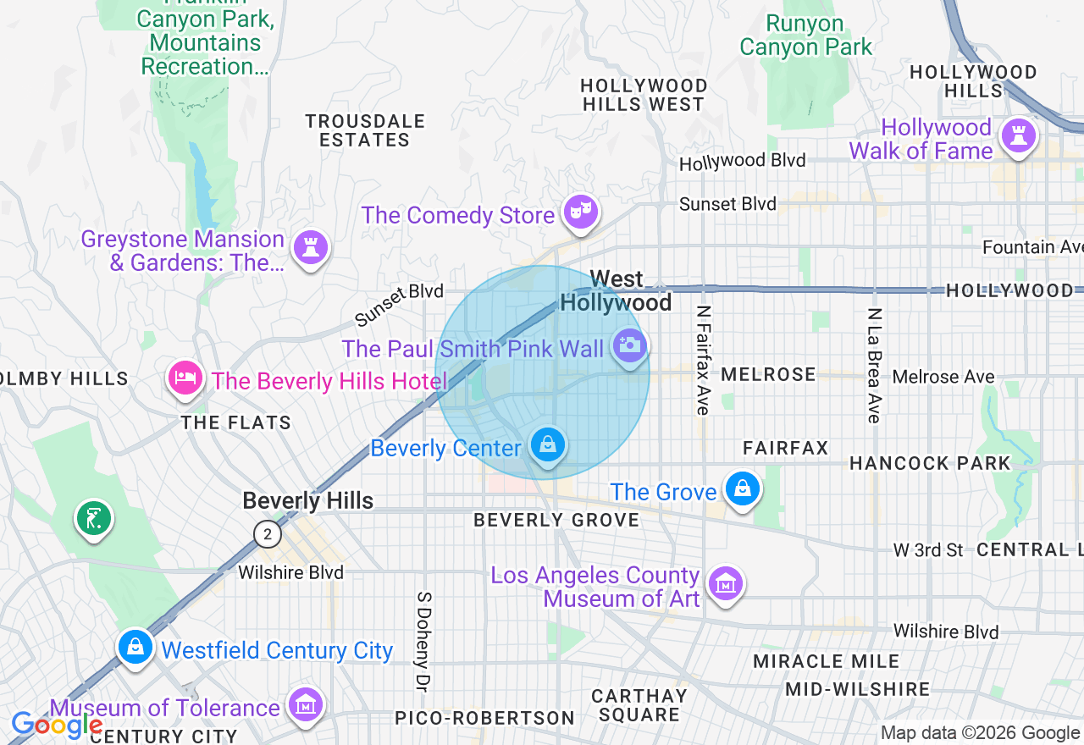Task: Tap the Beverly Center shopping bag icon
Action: pyautogui.click(x=548, y=444)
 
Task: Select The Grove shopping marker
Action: pyautogui.click(x=742, y=488)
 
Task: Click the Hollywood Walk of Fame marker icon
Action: pyautogui.click(x=1017, y=135)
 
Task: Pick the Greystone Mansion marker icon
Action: pyautogui.click(x=311, y=247)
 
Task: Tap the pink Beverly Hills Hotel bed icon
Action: pyautogui.click(x=185, y=378)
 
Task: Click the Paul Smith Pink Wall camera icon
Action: pyautogui.click(x=629, y=345)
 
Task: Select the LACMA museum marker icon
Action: pyautogui.click(x=725, y=583)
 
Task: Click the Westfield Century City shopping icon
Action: pyautogui.click(x=135, y=647)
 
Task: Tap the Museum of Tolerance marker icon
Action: pyautogui.click(x=305, y=704)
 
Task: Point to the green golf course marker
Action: pyautogui.click(x=94, y=517)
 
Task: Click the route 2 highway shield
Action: pyautogui.click(x=268, y=534)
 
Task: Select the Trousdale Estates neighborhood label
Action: pyautogui.click(x=365, y=130)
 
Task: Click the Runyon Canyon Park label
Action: pyautogui.click(x=805, y=36)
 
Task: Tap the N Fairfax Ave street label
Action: pyautogui.click(x=702, y=360)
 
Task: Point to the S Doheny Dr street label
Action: pyautogui.click(x=423, y=640)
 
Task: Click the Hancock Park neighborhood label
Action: pyautogui.click(x=930, y=463)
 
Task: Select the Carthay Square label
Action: pyautogui.click(x=639, y=705)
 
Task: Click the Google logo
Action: pyautogui.click(x=57, y=725)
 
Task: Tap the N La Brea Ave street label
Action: pyautogui.click(x=874, y=365)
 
